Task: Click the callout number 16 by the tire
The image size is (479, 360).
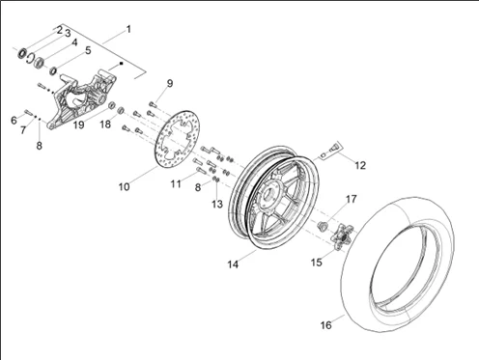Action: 325,325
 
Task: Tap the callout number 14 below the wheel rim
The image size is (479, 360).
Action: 233,264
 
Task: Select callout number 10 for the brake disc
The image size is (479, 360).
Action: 124,186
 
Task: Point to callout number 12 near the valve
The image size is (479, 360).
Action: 360,165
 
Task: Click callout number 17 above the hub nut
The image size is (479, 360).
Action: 352,199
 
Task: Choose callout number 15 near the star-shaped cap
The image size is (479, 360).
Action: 317,263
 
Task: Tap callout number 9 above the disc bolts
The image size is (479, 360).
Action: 170,83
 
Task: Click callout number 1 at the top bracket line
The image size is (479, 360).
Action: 128,29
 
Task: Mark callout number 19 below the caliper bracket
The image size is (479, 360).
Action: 78,125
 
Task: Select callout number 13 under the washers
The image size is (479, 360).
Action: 217,204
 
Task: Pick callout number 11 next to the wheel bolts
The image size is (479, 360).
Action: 176,184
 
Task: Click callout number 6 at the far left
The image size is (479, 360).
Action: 14,121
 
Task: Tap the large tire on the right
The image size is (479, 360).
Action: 398,264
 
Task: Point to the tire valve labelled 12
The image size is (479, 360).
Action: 332,149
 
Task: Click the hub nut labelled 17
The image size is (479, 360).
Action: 322,226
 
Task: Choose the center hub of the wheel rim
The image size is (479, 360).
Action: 268,195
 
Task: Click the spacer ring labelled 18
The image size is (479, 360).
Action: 121,110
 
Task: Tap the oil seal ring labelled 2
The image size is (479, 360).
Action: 22,53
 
